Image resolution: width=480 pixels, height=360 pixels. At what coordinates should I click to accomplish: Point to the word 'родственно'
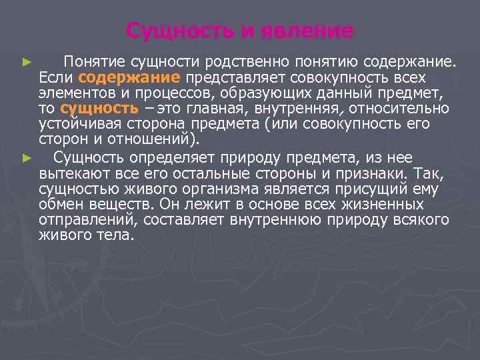tap(243, 62)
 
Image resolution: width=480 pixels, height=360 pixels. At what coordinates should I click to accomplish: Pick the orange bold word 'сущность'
tap(99, 109)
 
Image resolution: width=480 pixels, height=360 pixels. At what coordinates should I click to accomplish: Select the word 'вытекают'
tap(68, 173)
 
